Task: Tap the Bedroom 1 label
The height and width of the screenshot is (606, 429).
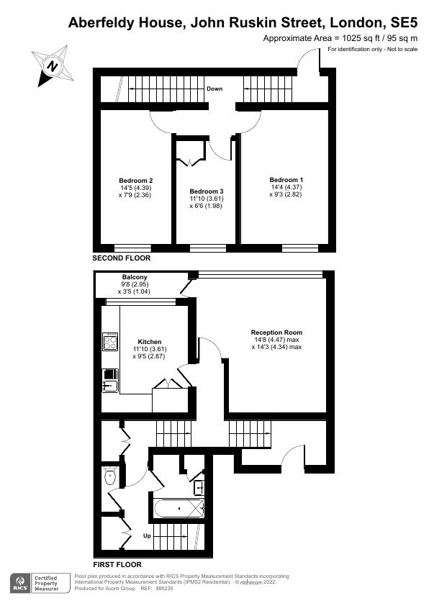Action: pyautogui.click(x=286, y=179)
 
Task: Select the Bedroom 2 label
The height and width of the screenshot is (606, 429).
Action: pyautogui.click(x=135, y=180)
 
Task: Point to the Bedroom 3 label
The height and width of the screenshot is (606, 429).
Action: pyautogui.click(x=207, y=190)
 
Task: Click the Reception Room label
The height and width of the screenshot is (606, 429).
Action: pyautogui.click(x=276, y=332)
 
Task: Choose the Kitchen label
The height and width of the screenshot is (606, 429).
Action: pyautogui.click(x=150, y=342)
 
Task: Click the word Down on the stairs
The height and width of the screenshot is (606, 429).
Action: pyautogui.click(x=214, y=89)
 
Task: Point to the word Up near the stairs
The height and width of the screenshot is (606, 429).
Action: pyautogui.click(x=147, y=535)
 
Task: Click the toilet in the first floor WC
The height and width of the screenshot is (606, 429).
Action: pyautogui.click(x=111, y=475)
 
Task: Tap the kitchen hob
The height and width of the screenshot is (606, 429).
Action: pyautogui.click(x=110, y=340)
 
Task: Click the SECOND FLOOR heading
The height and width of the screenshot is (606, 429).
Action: pyautogui.click(x=122, y=258)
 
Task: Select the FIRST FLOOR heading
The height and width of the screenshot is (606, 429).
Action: pyautogui.click(x=117, y=564)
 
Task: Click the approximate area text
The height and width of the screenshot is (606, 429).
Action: pyautogui.click(x=340, y=37)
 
